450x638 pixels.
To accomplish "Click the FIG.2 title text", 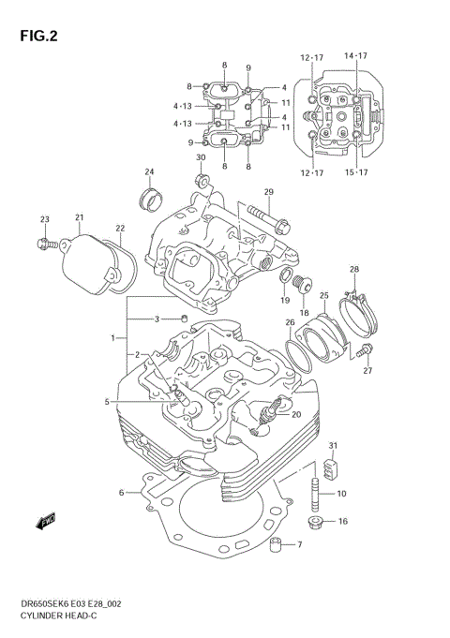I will pos(36,37).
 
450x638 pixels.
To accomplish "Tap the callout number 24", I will pos(149,171).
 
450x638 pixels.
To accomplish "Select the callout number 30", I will pos(200,157).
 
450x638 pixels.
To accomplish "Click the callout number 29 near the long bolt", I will pos(267,192).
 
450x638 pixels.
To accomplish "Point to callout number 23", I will pos(44,219).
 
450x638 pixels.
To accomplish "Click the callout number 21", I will pos(80,217).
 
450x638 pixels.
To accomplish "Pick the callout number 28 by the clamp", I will pos(354,270).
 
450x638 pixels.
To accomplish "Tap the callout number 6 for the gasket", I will pos(121,492).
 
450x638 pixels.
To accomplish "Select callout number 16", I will pos(342,521).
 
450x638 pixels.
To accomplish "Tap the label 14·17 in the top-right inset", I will pos(355,57).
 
